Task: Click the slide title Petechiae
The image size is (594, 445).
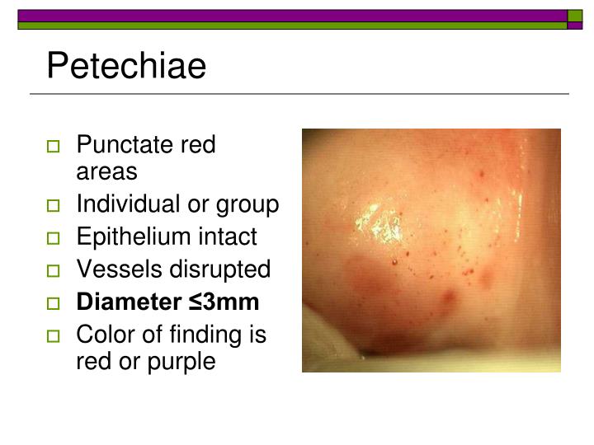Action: [126, 66]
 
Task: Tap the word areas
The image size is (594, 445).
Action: [106, 171]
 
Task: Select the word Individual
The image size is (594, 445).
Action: [128, 204]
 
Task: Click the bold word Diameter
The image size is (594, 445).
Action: [126, 302]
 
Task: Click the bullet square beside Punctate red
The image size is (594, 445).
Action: [54, 147]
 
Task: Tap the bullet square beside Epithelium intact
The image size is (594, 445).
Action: [54, 238]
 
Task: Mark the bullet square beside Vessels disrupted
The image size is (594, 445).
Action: [54, 270]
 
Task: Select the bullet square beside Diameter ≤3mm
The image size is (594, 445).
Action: [54, 303]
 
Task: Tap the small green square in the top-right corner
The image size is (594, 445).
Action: [575, 16]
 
